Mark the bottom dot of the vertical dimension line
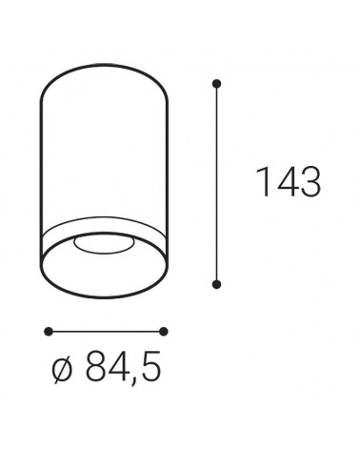pyautogui.click(x=217, y=282)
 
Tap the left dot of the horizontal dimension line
pyautogui.click(x=47, y=331)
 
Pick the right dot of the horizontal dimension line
pyautogui.click(x=164, y=331)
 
